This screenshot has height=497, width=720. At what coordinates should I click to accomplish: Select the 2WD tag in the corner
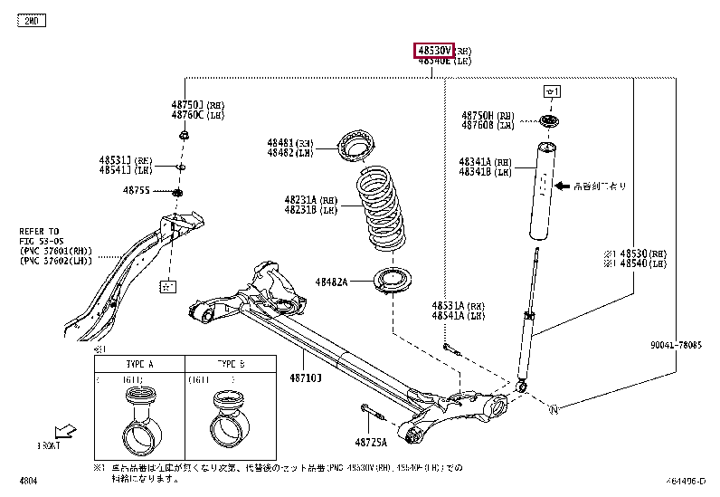(x=31, y=20)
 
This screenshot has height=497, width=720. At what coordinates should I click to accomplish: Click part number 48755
(x=137, y=190)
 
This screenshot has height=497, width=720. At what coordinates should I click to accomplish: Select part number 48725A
(x=371, y=442)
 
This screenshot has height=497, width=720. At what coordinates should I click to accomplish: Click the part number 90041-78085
(x=675, y=344)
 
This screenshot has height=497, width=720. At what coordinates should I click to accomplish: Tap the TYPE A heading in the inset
(x=139, y=363)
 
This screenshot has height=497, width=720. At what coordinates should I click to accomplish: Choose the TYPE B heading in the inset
(x=232, y=363)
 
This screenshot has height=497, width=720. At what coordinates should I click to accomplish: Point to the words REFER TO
(x=39, y=231)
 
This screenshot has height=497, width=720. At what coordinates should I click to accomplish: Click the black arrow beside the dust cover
(x=561, y=186)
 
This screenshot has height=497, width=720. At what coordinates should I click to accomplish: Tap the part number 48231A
(x=298, y=200)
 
